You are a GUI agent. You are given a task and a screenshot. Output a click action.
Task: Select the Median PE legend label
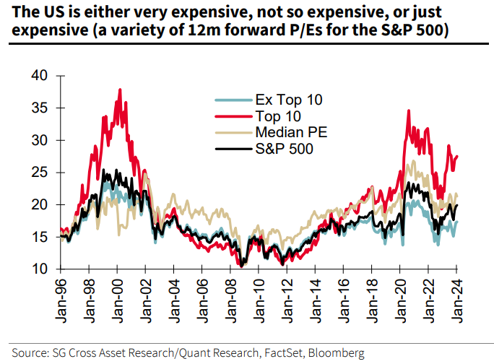[287, 133]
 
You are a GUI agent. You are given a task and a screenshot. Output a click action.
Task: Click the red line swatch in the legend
[233, 116]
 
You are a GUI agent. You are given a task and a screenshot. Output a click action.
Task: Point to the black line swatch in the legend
[233, 149]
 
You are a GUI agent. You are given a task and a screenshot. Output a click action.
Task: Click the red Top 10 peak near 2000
[120, 90]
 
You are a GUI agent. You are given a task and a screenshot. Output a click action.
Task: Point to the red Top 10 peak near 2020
[409, 111]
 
